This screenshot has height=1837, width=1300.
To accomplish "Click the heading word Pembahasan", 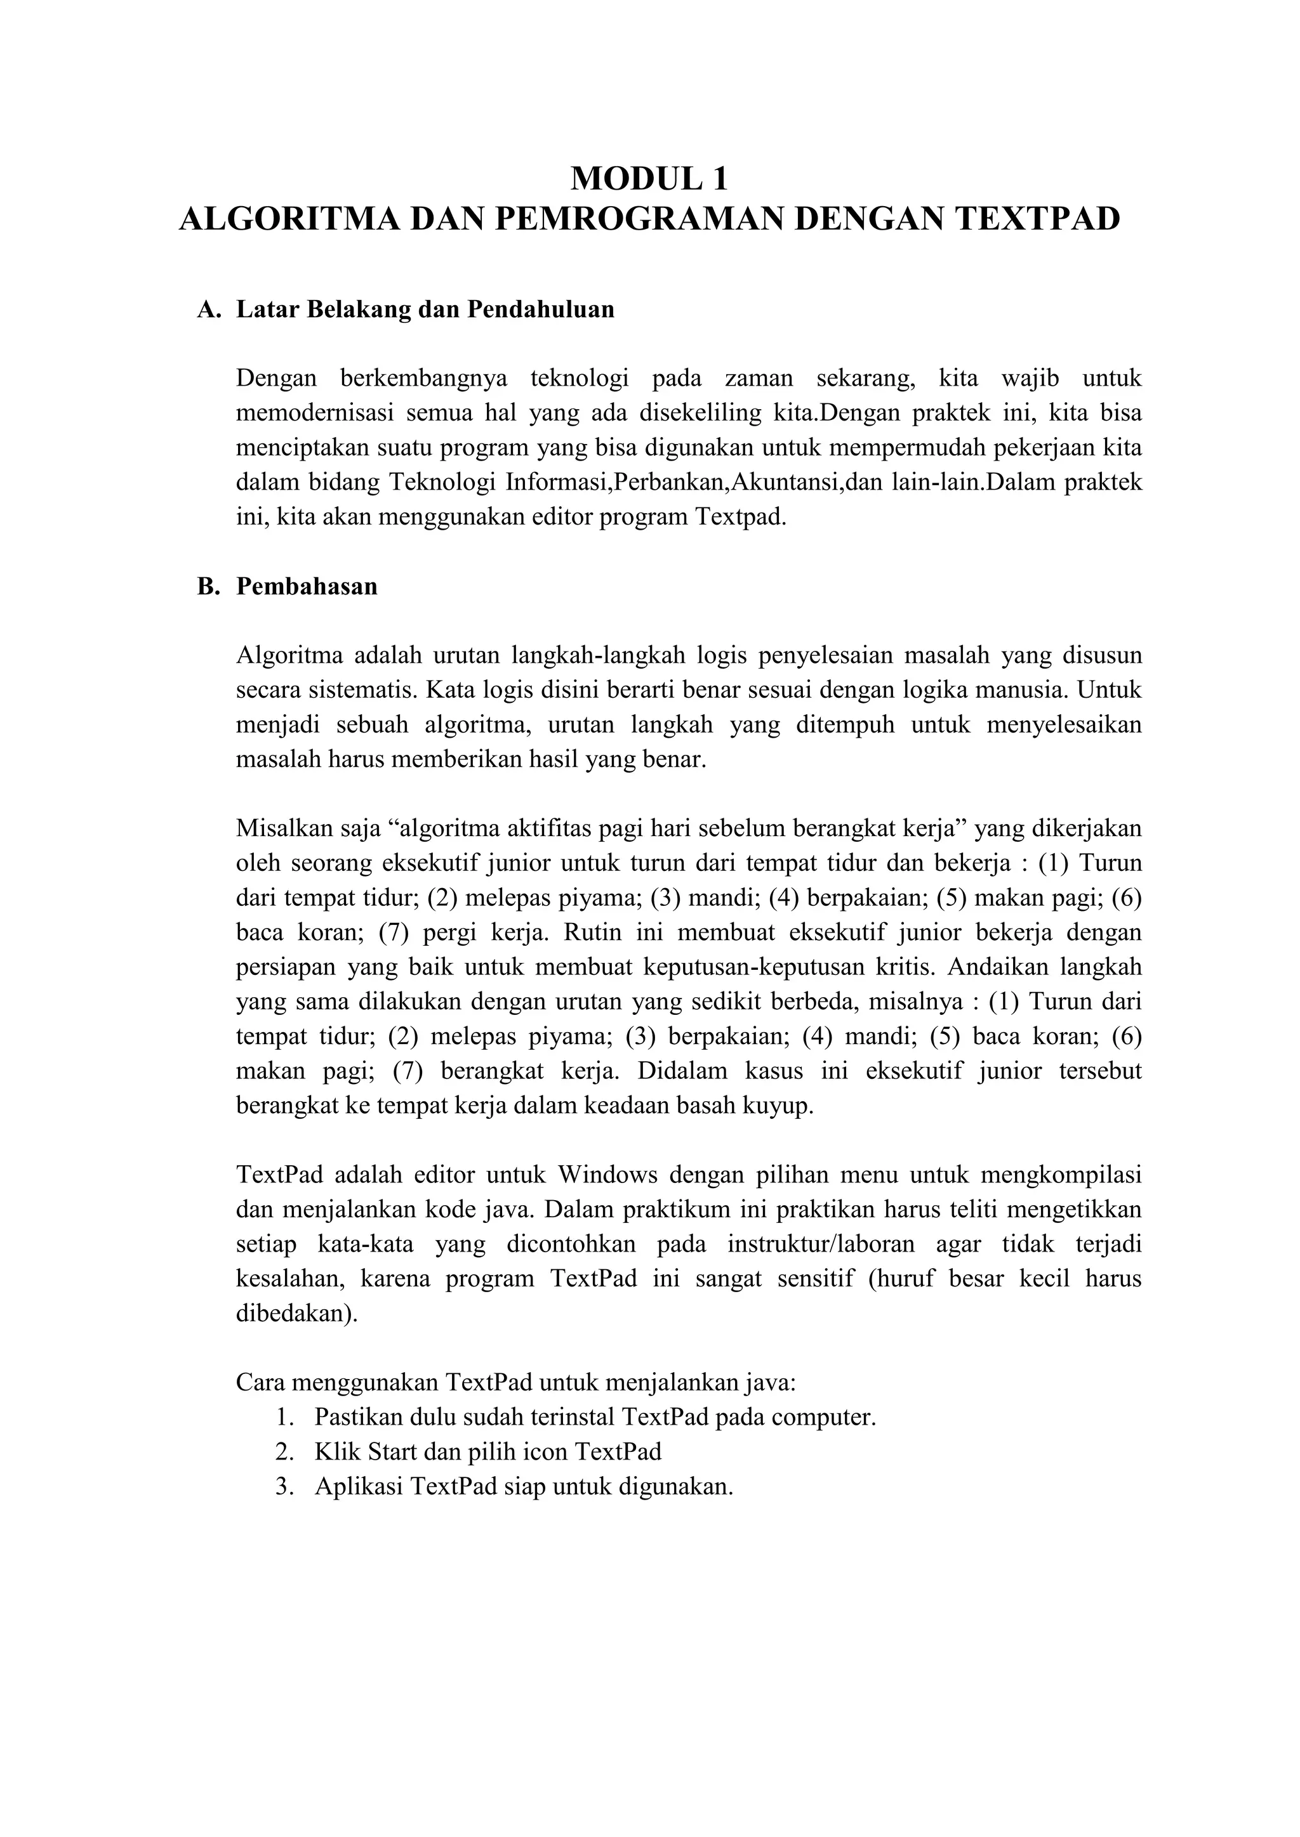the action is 307,587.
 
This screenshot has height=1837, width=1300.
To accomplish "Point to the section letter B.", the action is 208,587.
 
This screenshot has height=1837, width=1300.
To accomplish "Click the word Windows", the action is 607,1175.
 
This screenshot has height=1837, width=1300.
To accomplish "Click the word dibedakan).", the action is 297,1314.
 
